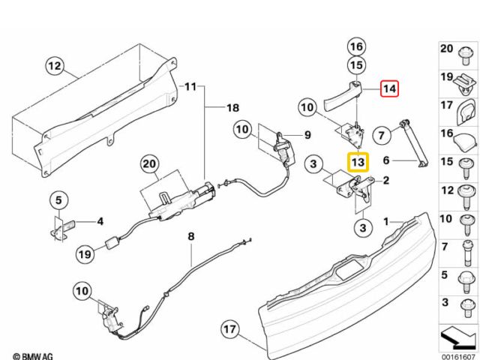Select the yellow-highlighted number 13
[x=358, y=161]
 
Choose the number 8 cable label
[x=191, y=236]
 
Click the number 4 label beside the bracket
[x=100, y=222]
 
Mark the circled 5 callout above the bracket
[x=59, y=201]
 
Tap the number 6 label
[x=387, y=160]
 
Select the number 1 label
[x=387, y=222]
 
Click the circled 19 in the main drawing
[x=84, y=254]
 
